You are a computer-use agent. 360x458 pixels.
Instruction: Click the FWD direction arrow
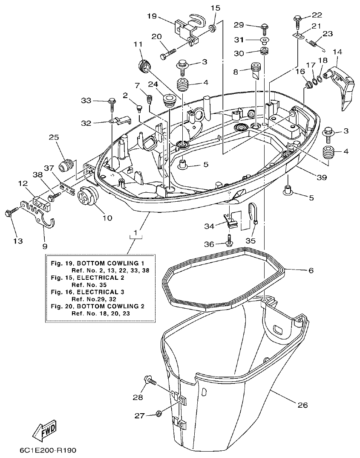pos(44,431)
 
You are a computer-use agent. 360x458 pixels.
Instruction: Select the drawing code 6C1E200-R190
pos(48,450)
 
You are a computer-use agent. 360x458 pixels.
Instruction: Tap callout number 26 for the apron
pos(302,405)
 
